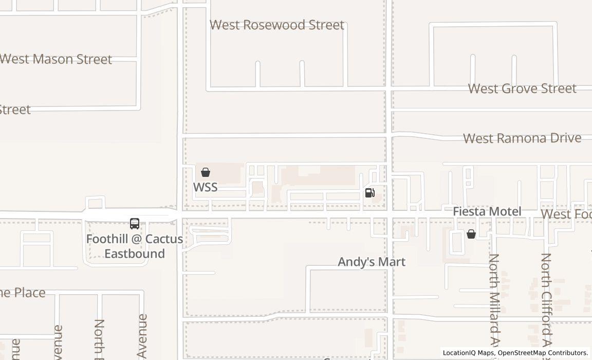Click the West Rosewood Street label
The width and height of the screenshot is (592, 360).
click(277, 25)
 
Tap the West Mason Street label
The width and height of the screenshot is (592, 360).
click(55, 59)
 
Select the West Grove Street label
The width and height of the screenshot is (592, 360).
click(522, 88)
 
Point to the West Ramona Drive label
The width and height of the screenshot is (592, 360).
click(522, 138)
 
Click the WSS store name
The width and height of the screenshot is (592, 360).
click(205, 187)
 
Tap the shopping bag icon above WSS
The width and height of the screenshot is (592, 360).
click(206, 172)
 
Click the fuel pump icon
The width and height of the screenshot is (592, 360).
click(369, 193)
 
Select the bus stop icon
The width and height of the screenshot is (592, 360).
click(135, 224)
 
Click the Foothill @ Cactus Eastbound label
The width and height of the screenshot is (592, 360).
click(135, 246)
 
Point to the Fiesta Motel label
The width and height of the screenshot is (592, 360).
click(487, 211)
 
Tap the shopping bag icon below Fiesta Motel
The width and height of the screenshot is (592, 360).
click(471, 235)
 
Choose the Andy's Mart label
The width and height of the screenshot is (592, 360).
click(372, 262)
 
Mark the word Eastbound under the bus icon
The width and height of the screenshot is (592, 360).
click(135, 254)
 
